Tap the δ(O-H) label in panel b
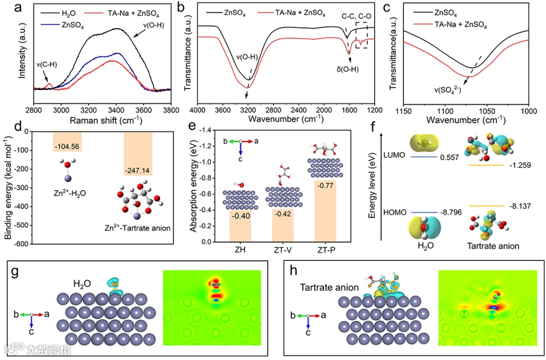point(347,70)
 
